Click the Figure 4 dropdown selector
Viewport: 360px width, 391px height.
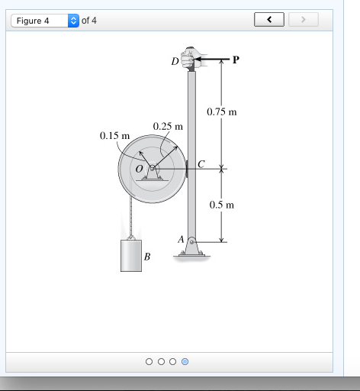(x=45, y=21)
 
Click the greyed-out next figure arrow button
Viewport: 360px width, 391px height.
(x=304, y=19)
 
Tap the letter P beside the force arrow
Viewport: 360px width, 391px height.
(x=236, y=60)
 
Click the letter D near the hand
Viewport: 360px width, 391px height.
(x=175, y=61)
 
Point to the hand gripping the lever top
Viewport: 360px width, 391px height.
(x=191, y=57)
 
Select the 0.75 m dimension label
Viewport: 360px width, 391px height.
(x=222, y=111)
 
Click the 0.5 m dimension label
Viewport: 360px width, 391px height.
(x=222, y=205)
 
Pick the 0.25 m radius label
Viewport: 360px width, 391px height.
(x=168, y=126)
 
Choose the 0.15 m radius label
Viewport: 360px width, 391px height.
(x=114, y=136)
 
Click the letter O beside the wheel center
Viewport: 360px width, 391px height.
(x=140, y=169)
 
